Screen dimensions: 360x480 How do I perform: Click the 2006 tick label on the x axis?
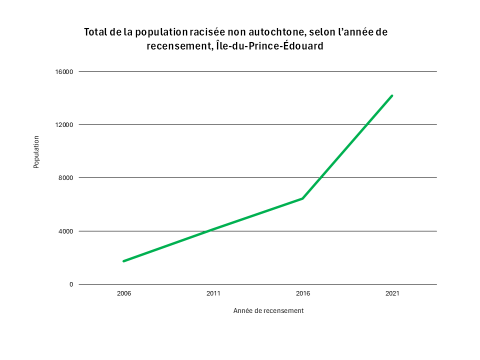tap(123, 294)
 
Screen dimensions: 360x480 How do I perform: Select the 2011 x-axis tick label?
tap(213, 294)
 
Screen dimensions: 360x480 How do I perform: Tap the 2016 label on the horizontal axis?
tap(303, 294)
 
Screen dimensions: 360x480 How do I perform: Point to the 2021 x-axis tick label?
tap(392, 294)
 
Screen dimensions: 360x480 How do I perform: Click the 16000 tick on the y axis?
tap(64, 72)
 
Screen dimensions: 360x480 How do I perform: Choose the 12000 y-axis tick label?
tap(64, 125)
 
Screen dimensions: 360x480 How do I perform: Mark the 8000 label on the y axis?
tap(66, 178)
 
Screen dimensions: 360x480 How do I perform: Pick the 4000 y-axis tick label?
tap(66, 231)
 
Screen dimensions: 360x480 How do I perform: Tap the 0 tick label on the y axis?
tap(71, 284)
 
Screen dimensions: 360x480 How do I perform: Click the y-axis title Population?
tap(37, 151)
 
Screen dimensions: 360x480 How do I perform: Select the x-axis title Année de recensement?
tap(268, 311)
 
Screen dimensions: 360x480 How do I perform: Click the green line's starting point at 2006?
tap(124, 261)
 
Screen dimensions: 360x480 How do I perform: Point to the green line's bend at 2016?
tap(303, 198)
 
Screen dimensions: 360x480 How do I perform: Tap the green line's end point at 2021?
tap(392, 96)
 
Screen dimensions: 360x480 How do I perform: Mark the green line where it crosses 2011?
tap(213, 229)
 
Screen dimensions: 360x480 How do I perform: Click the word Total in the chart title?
tap(98, 32)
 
